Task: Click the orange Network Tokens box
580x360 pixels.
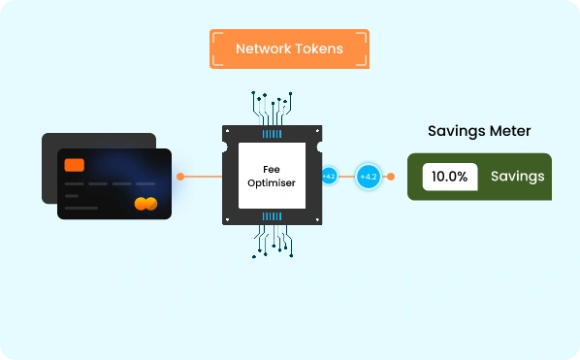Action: [289, 49]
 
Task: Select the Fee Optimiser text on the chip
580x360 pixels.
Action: [272, 176]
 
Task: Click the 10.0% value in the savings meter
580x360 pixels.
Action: [450, 177]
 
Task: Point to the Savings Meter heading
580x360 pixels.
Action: [479, 131]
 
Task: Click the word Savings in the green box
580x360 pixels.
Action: [518, 177]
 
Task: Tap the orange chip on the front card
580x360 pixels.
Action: [75, 165]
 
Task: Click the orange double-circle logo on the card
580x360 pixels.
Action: [145, 204]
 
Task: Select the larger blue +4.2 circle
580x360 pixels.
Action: [369, 177]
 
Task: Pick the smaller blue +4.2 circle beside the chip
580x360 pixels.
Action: [329, 176]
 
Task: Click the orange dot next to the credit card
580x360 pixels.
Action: [180, 177]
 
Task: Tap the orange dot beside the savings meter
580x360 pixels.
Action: [391, 177]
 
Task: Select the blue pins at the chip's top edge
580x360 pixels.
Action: [272, 134]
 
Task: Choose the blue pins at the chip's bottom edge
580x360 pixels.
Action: [272, 216]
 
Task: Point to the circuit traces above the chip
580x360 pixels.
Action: [273, 108]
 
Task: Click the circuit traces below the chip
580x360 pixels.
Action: [273, 242]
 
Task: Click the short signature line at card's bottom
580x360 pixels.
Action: [81, 208]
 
